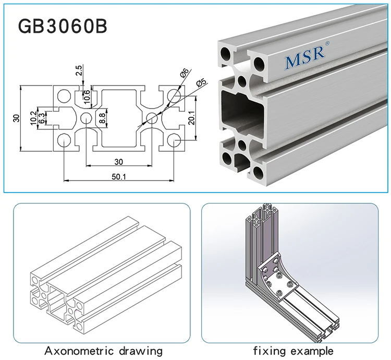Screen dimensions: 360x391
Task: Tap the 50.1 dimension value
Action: point(119,176)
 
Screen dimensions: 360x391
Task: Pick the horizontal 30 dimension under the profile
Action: point(119,161)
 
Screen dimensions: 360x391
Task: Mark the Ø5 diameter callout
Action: point(201,83)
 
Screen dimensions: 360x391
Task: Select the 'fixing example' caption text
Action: point(293,351)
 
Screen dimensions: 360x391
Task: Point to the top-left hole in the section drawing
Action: point(64,96)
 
